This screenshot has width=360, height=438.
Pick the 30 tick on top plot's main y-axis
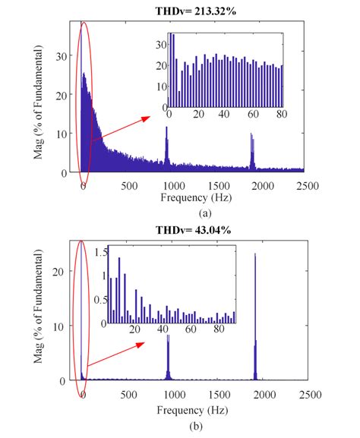tap(63, 56)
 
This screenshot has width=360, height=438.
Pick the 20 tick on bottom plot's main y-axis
tap(63, 271)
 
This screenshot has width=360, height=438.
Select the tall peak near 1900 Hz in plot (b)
tap(254, 255)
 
